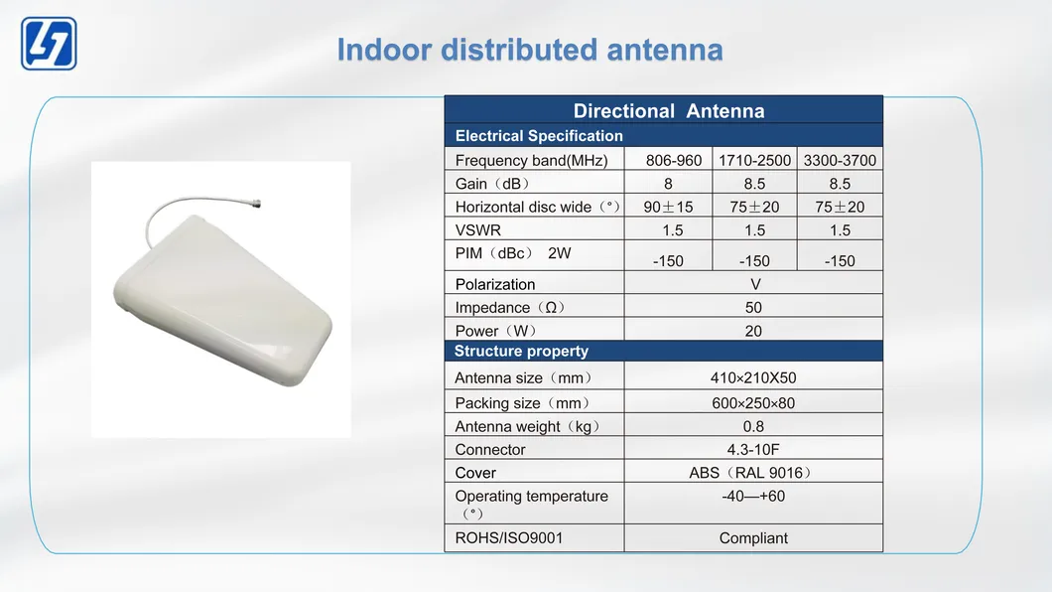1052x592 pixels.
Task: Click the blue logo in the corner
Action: click(x=49, y=44)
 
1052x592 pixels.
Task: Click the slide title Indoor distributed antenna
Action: click(x=529, y=50)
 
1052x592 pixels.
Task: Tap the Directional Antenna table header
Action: click(x=668, y=110)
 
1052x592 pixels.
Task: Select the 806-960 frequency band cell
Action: click(x=674, y=161)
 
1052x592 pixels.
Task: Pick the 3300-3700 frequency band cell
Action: click(x=840, y=161)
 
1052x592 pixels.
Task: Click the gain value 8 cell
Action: click(x=668, y=184)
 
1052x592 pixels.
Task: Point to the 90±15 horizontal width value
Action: click(x=668, y=207)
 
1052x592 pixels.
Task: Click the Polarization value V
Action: click(x=755, y=285)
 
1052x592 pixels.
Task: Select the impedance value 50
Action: click(x=753, y=307)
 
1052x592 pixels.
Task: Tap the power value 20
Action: click(x=753, y=331)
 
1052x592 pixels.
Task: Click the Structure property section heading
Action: click(x=521, y=351)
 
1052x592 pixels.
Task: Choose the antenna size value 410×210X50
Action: click(x=753, y=377)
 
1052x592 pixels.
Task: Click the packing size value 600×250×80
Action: click(x=753, y=403)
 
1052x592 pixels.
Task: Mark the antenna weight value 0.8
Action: click(x=753, y=426)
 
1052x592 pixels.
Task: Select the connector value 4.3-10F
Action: click(x=753, y=450)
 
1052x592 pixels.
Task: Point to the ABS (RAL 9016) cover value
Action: click(x=750, y=473)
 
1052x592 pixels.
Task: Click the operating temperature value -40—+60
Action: click(x=753, y=496)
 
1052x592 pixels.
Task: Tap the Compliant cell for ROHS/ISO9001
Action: click(x=753, y=538)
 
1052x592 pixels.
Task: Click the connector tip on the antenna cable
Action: click(x=256, y=203)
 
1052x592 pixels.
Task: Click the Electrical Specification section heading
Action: click(x=540, y=136)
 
